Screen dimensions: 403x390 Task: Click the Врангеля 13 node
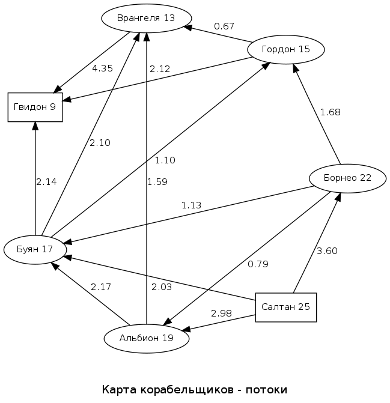coord(146,18)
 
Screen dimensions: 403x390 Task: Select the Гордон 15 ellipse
coord(286,49)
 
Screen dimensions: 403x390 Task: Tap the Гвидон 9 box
coord(35,107)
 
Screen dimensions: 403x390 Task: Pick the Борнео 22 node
coord(347,178)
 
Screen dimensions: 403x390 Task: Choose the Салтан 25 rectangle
coord(285,307)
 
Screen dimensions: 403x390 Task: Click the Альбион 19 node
coord(147,338)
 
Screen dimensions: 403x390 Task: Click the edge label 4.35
coord(102,68)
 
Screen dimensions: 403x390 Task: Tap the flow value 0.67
coord(224,26)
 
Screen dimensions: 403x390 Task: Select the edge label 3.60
coord(327,251)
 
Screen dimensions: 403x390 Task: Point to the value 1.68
coord(331,112)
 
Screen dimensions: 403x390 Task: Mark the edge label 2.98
coord(221,314)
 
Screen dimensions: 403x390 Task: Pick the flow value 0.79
coord(258,264)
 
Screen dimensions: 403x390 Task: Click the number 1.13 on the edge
coord(191,205)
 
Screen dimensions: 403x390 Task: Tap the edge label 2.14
coord(46,182)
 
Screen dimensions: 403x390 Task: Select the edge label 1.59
coord(157,181)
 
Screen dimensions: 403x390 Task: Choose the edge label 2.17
coord(101,287)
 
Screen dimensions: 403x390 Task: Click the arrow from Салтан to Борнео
coord(317,243)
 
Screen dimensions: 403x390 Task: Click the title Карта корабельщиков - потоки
coord(195,390)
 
